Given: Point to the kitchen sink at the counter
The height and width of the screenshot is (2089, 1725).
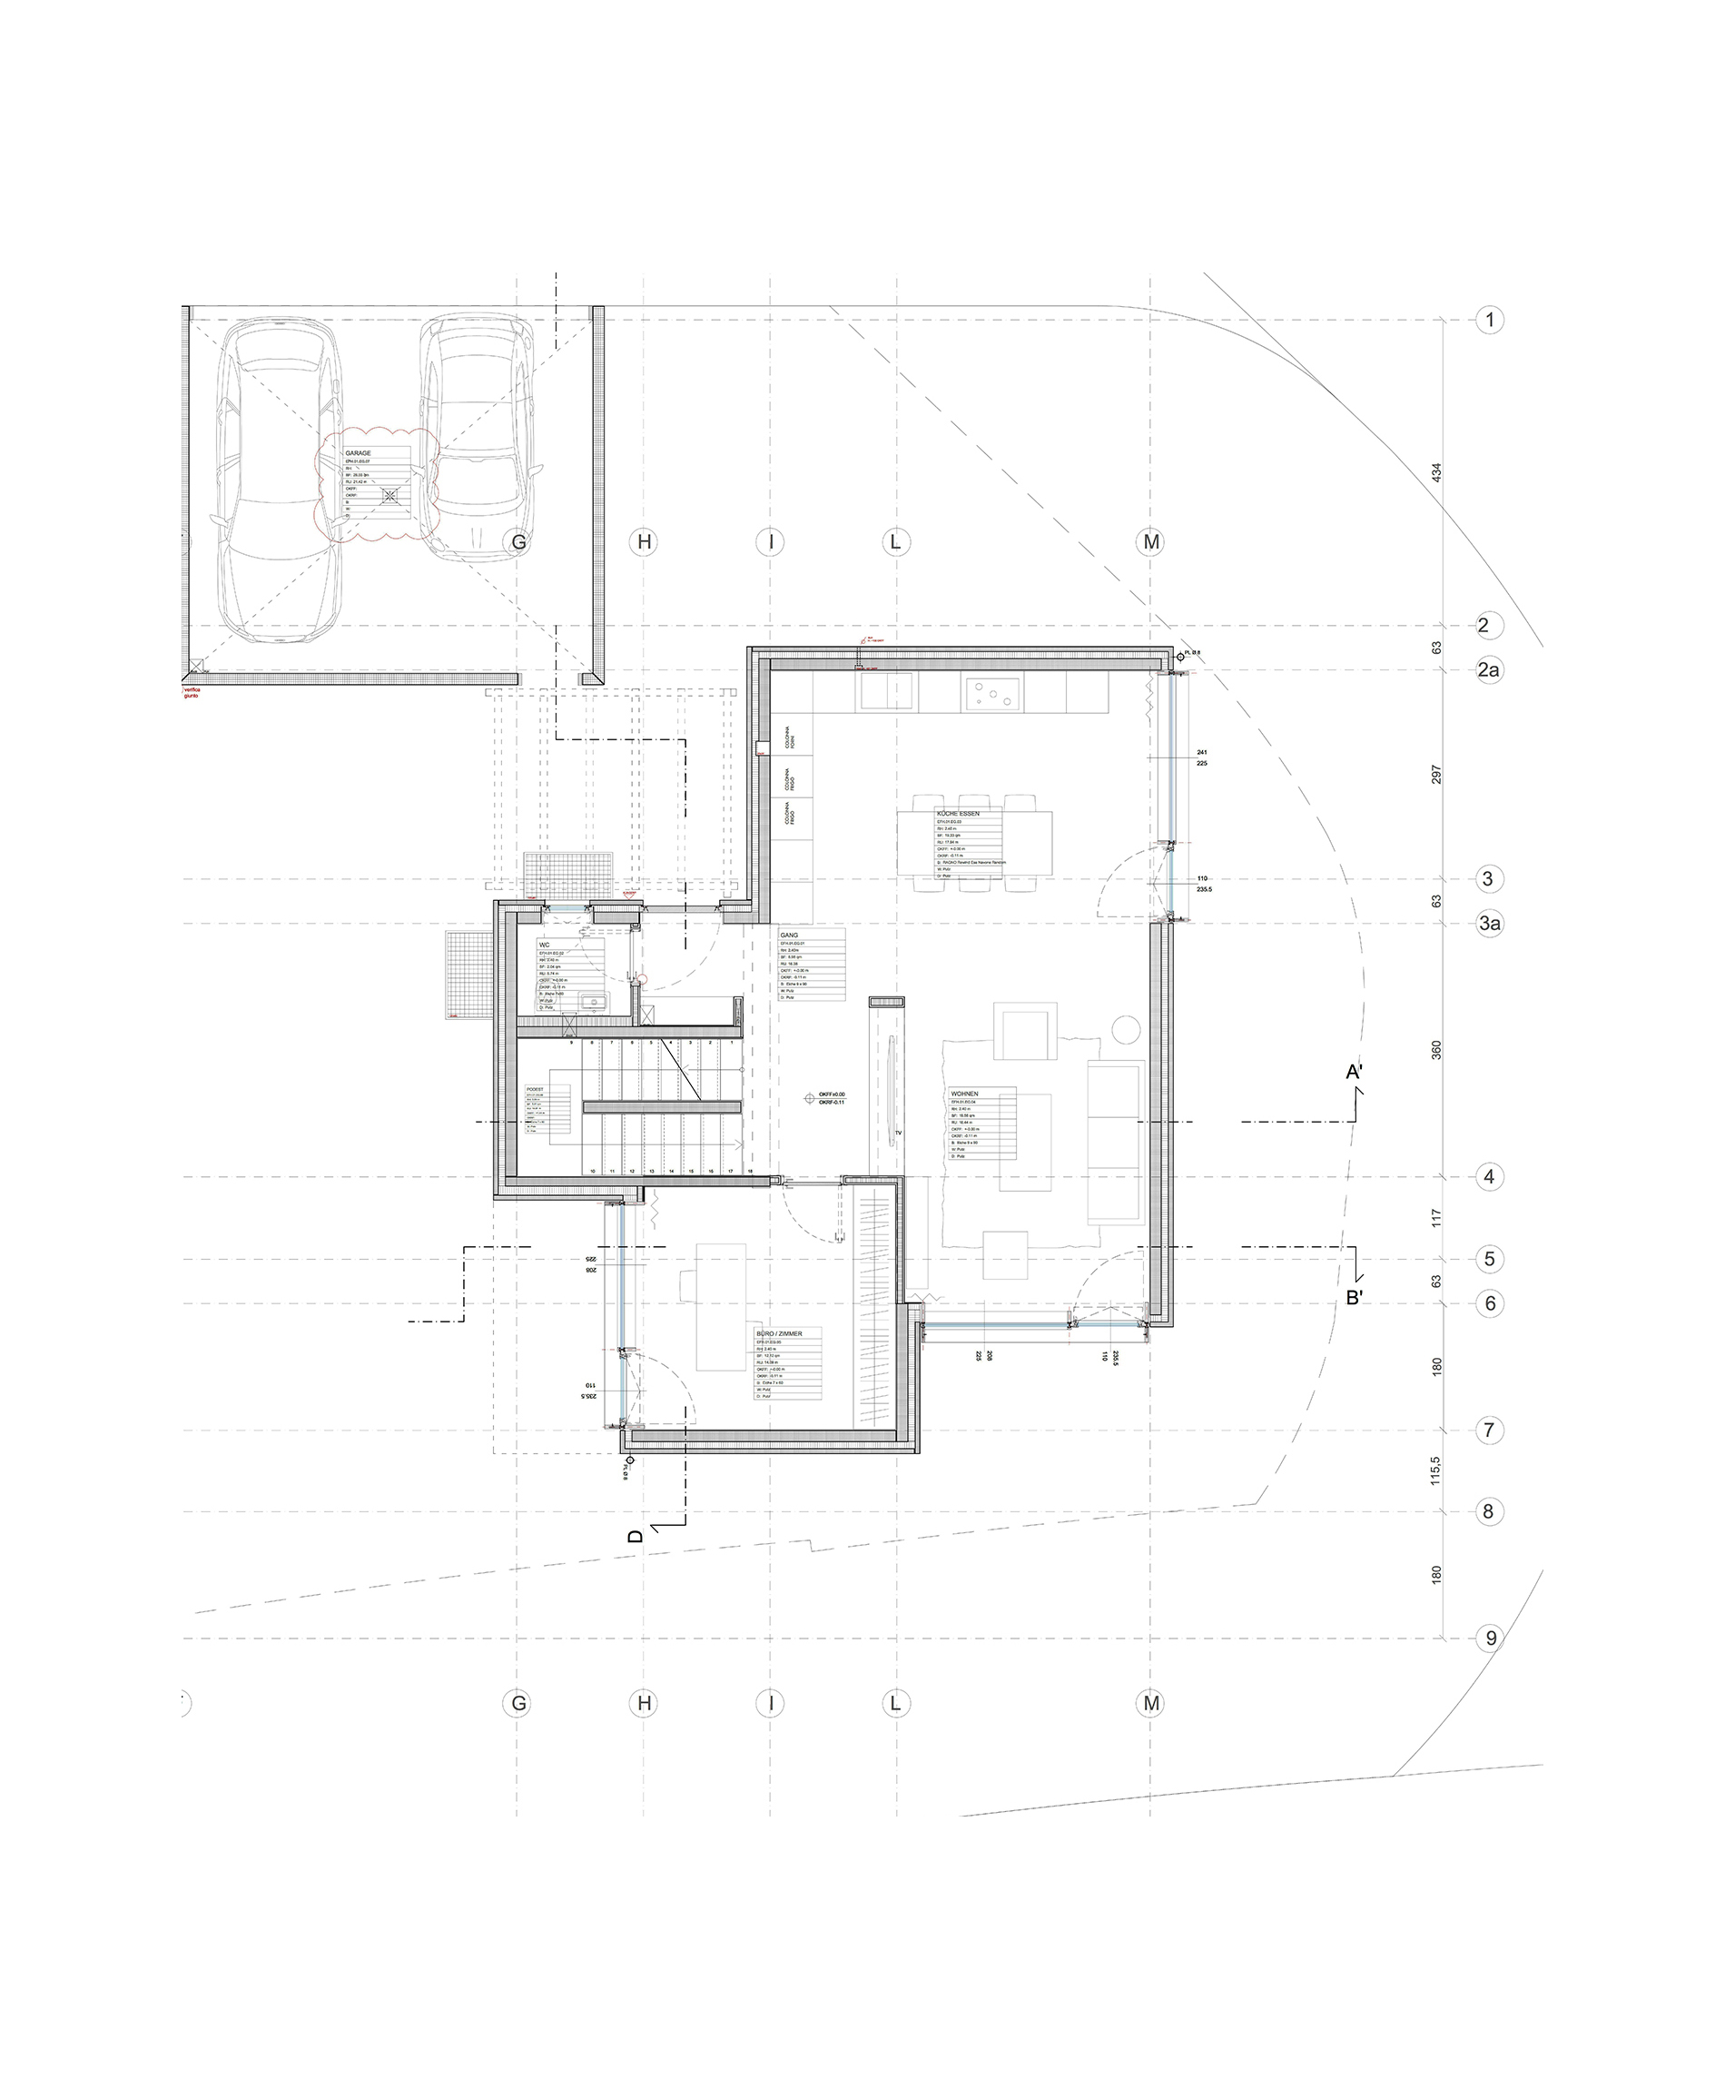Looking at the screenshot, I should click(886, 689).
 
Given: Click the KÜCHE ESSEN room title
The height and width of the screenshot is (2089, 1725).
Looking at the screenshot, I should click(958, 814).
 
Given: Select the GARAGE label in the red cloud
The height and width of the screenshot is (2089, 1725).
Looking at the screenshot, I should click(359, 453).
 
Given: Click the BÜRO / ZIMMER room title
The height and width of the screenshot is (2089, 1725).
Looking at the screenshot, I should click(778, 1333).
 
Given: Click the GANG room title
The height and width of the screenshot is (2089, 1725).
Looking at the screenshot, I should click(790, 936).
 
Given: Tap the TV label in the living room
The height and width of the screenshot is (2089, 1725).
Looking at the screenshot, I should click(897, 1132).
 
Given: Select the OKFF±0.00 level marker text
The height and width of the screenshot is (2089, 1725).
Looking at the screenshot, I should click(832, 1094).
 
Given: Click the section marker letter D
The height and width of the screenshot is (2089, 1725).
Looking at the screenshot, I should click(636, 1537).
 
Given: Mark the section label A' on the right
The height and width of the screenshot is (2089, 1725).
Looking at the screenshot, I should click(1354, 1073).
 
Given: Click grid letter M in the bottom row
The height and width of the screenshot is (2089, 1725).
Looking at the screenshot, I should click(1150, 1703).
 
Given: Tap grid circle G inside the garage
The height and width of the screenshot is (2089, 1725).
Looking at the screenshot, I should click(517, 541).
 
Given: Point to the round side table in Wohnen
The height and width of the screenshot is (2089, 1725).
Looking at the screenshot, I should click(1125, 1030).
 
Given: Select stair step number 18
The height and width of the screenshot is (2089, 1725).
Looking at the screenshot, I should click(750, 1172).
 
